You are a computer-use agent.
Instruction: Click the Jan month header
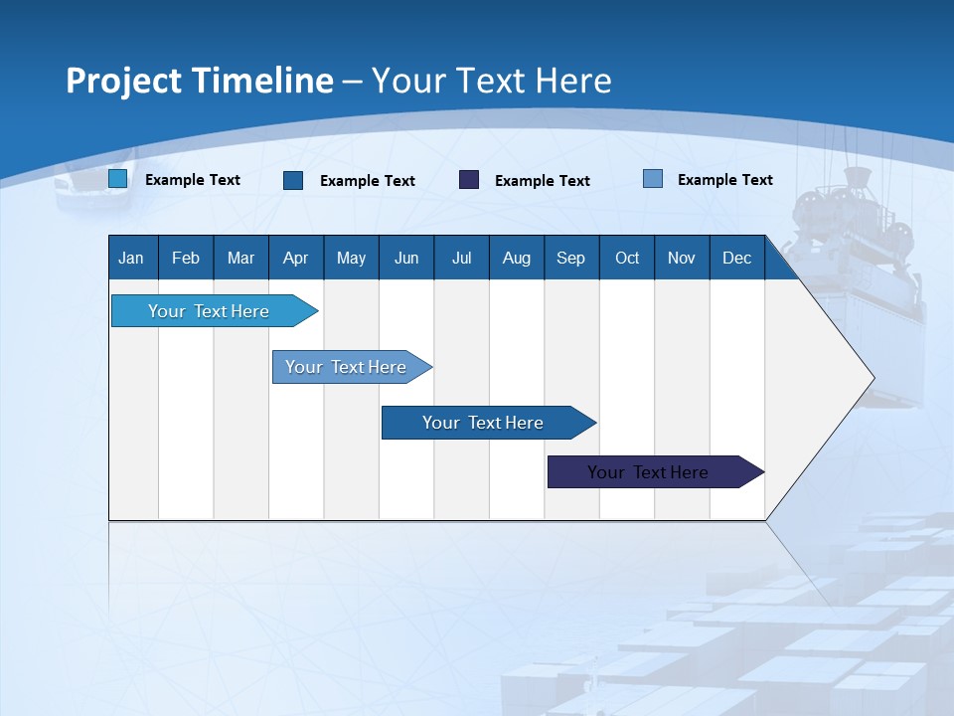click(131, 258)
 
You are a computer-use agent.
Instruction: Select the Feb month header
click(186, 258)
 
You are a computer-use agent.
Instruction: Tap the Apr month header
click(295, 258)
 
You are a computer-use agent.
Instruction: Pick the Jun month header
click(406, 258)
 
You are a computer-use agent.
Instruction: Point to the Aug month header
click(516, 258)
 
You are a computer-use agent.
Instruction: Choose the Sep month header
click(570, 258)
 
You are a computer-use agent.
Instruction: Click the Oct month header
click(627, 258)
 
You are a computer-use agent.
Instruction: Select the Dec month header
click(736, 258)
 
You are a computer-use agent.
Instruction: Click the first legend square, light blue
click(117, 179)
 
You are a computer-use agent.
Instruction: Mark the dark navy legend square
click(469, 179)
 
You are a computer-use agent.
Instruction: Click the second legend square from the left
click(293, 180)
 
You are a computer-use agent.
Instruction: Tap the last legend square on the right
click(653, 179)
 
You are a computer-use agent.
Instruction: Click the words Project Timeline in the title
click(200, 81)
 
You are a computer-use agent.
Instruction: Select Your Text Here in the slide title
click(491, 81)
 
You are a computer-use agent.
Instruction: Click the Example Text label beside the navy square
click(543, 180)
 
